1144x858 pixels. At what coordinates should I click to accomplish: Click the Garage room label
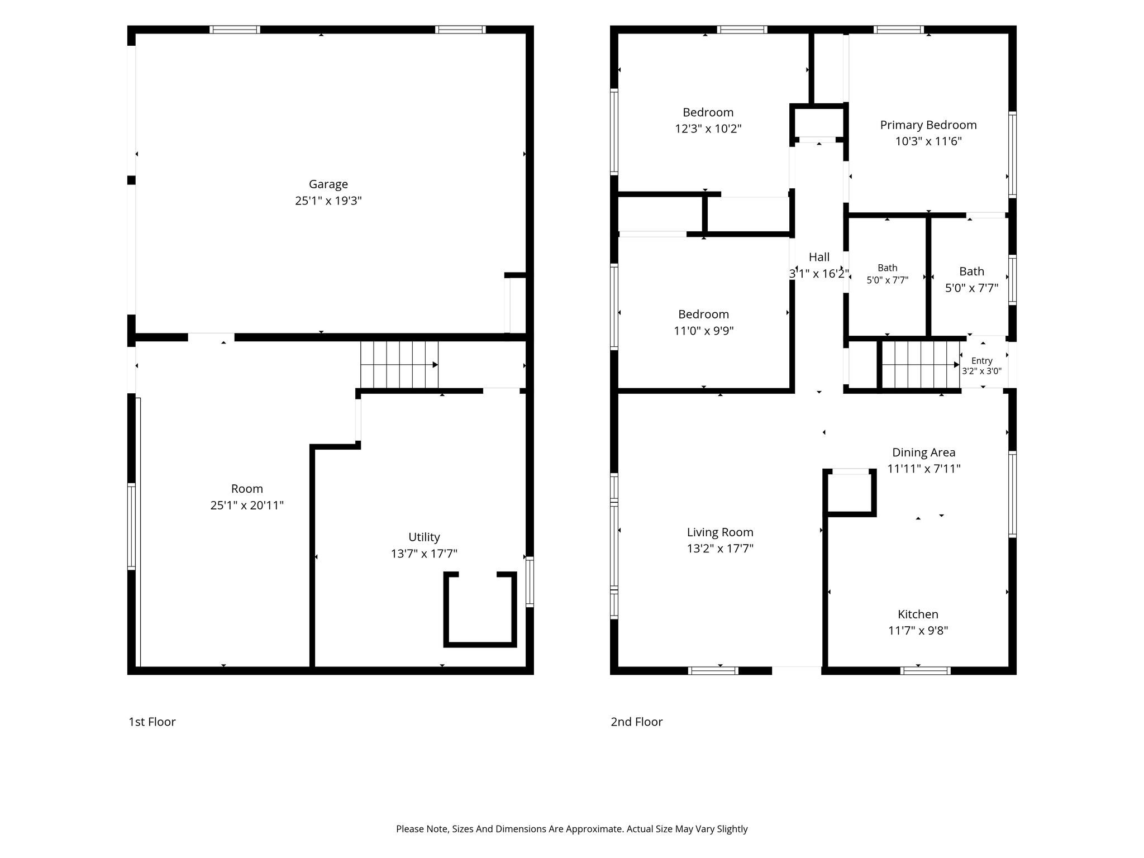point(328,184)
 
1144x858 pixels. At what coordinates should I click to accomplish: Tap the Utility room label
point(424,537)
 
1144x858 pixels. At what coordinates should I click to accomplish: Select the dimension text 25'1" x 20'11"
point(247,506)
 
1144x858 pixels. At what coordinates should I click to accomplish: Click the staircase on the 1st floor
point(399,365)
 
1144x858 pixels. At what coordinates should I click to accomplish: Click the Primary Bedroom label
point(928,125)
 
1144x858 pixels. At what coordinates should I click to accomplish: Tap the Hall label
point(819,257)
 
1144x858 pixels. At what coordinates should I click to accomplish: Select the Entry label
point(982,361)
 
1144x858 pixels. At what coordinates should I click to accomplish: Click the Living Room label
point(720,532)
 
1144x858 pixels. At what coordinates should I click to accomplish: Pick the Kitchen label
point(918,614)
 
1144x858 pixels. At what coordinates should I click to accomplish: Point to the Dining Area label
point(924,452)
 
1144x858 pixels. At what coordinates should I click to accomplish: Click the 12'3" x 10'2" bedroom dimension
point(708,129)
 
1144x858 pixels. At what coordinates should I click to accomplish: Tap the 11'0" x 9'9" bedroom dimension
point(704,331)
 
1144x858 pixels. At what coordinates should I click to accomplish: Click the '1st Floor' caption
point(152,722)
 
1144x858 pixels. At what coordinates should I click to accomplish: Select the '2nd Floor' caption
point(637,722)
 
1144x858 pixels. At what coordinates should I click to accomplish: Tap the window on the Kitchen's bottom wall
point(925,670)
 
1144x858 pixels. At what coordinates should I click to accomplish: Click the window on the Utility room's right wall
point(530,581)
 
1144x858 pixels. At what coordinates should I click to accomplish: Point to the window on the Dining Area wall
point(1012,494)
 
